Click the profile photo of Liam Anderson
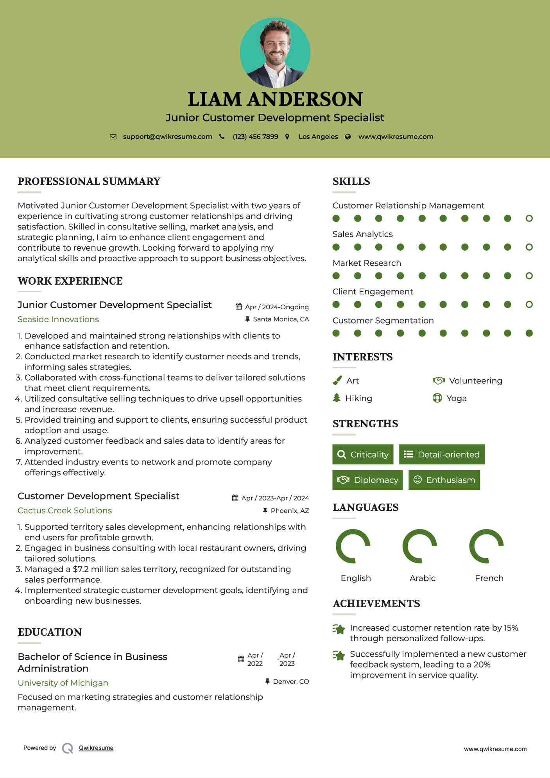point(275,52)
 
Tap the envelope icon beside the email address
point(113,137)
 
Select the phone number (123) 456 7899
point(255,137)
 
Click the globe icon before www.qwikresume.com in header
point(348,137)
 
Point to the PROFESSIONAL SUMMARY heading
point(89,181)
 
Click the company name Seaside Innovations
point(58,319)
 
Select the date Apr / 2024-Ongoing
point(277,307)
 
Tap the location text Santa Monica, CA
point(281,319)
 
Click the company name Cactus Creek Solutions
point(64,511)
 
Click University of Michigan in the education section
point(63,683)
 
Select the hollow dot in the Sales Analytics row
point(529,247)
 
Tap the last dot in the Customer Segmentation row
point(529,333)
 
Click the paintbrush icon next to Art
point(337,380)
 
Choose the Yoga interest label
point(456,398)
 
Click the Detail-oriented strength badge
point(442,454)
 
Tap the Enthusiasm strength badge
point(444,480)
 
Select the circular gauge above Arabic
point(419,546)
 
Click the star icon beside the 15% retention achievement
point(339,629)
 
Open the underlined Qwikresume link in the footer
point(96,748)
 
